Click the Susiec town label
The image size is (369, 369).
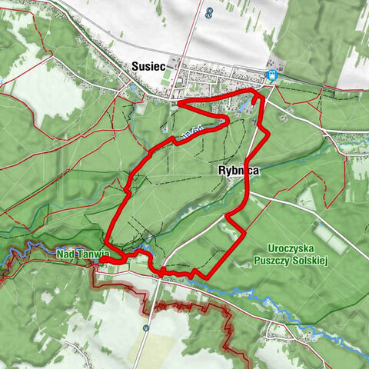point(148,67)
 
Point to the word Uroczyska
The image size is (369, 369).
point(294,248)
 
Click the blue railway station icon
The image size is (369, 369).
point(271,75)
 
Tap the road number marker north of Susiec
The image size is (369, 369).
point(210,12)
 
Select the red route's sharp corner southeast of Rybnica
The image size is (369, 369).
point(244,230)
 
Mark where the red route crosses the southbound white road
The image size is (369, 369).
point(162,271)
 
